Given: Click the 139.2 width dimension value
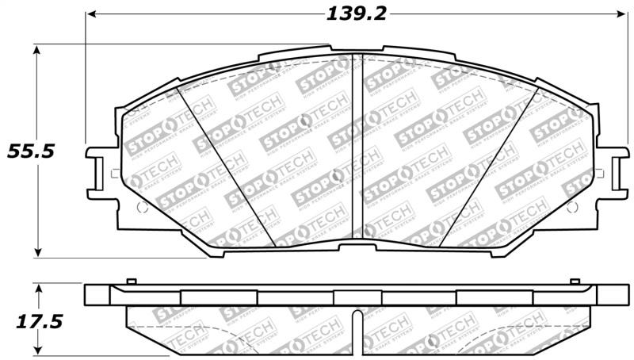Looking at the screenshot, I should pos(356,13).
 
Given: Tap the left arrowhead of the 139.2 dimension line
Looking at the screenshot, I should pos(90,13).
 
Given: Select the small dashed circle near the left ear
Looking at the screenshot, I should pos(143,207).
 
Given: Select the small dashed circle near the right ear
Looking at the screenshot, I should pos(570,207).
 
